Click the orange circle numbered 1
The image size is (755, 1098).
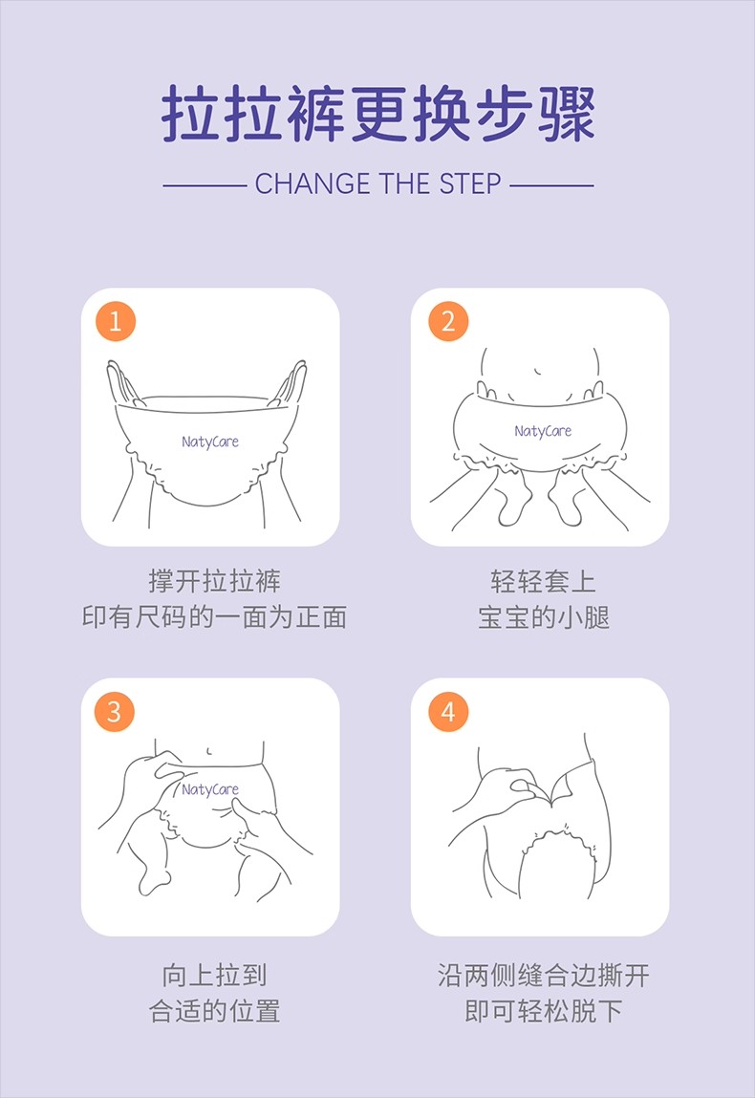click(116, 321)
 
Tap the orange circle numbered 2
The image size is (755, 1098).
click(448, 321)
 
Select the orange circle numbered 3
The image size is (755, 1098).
click(114, 712)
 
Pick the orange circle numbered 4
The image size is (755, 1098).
click(448, 712)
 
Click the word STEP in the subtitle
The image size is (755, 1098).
click(470, 184)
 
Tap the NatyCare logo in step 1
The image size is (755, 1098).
click(210, 441)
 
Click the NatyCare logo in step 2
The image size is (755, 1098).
click(543, 431)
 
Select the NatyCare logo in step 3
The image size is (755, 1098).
click(210, 790)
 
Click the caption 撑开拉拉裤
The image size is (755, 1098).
click(214, 581)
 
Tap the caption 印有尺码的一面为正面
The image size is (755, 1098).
click(214, 617)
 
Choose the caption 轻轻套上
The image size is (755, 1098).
click(543, 581)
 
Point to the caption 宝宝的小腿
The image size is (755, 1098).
click(544, 617)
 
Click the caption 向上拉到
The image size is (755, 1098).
click(214, 975)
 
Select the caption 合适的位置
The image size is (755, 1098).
click(214, 1011)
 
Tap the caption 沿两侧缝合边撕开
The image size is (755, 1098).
click(544, 975)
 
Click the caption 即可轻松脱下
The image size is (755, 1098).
click(544, 1011)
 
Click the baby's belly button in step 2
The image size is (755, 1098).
click(537, 371)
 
